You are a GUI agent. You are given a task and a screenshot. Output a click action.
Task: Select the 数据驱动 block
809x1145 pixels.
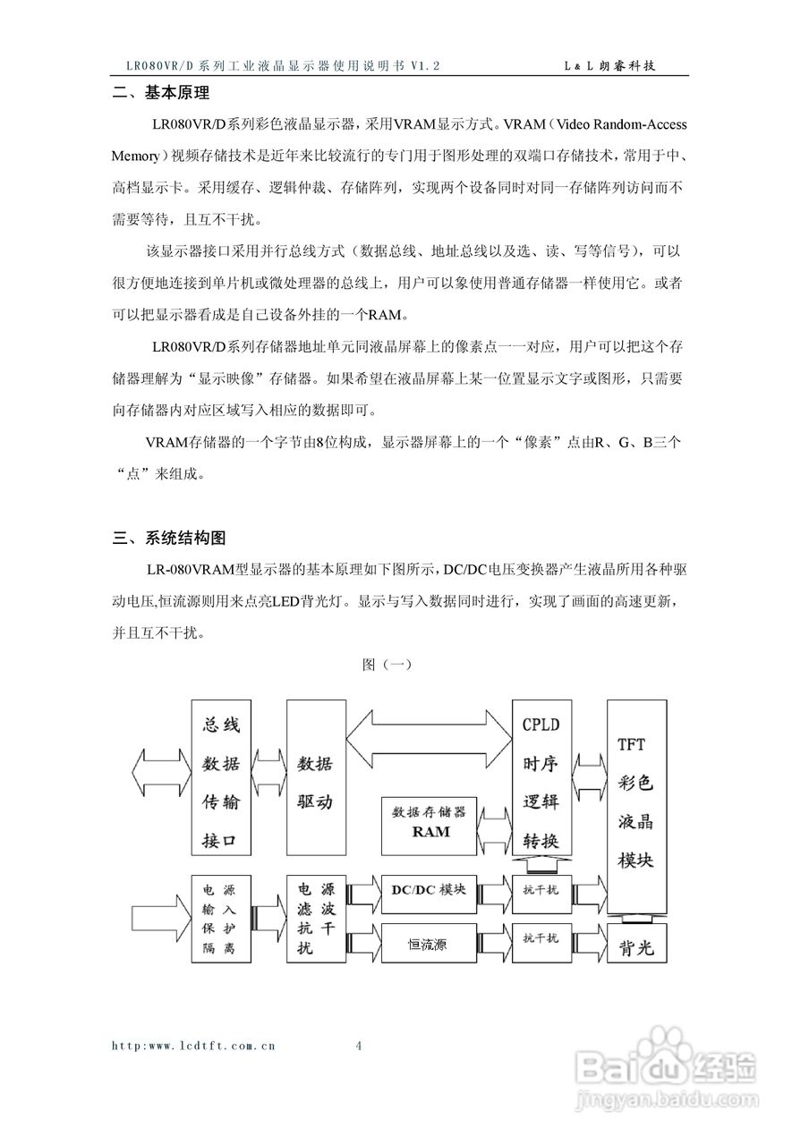click(314, 778)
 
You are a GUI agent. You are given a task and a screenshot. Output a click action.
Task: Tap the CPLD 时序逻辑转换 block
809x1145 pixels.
click(541, 778)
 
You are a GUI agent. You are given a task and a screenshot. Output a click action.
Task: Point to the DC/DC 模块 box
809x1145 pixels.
click(430, 891)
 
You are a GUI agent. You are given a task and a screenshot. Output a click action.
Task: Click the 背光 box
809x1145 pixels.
click(636, 947)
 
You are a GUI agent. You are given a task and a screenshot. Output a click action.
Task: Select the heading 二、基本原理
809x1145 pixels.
click(160, 92)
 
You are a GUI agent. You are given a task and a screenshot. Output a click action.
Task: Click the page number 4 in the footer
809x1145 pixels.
click(359, 1045)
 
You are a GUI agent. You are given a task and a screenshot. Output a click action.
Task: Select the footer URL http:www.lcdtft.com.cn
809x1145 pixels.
click(193, 1045)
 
